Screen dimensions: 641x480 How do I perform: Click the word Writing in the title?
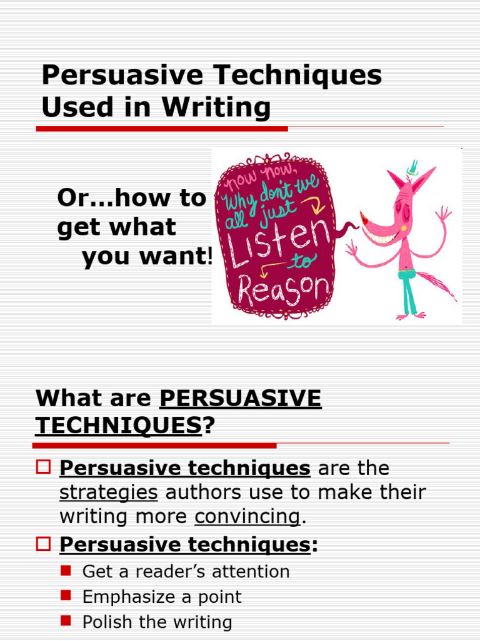click(x=216, y=107)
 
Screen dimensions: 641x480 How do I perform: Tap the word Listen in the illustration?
click(x=280, y=239)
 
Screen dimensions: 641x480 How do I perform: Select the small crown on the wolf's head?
click(x=412, y=167)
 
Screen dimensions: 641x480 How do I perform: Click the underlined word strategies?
click(x=108, y=493)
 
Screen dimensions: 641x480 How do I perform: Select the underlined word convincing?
click(x=247, y=516)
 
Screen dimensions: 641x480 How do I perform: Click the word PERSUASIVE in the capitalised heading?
click(x=241, y=398)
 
